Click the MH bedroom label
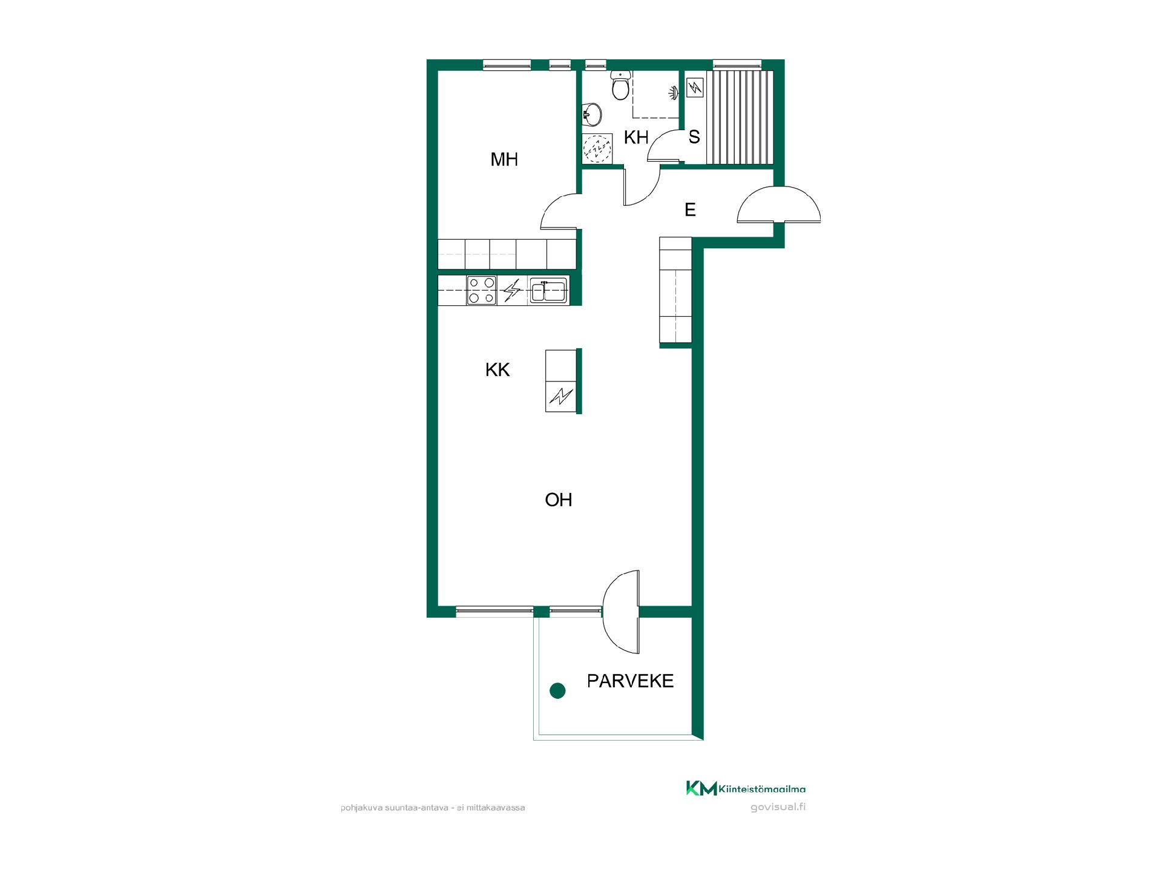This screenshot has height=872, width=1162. (504, 159)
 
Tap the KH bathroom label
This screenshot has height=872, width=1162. (636, 137)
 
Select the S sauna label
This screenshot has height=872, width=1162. (694, 137)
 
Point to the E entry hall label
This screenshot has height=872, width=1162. (690, 210)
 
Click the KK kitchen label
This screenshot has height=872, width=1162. (497, 370)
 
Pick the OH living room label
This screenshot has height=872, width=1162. (559, 500)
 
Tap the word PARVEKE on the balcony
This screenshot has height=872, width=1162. (631, 681)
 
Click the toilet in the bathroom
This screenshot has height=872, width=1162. (620, 85)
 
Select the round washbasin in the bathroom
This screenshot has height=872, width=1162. (591, 113)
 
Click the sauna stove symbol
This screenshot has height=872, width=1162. (695, 88)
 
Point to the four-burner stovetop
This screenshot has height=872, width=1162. (482, 290)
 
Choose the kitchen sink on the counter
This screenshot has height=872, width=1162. (548, 291)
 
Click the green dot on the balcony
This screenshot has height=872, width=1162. (557, 690)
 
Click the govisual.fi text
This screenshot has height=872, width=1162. (778, 807)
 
